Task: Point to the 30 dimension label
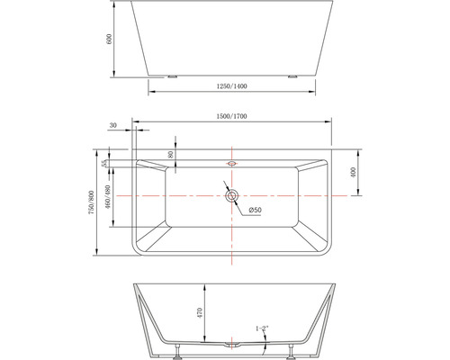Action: (x=112, y=126)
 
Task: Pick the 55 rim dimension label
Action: (x=107, y=164)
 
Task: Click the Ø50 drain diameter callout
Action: (x=255, y=211)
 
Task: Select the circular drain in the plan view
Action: (x=232, y=195)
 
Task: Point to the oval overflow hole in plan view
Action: (x=232, y=164)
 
